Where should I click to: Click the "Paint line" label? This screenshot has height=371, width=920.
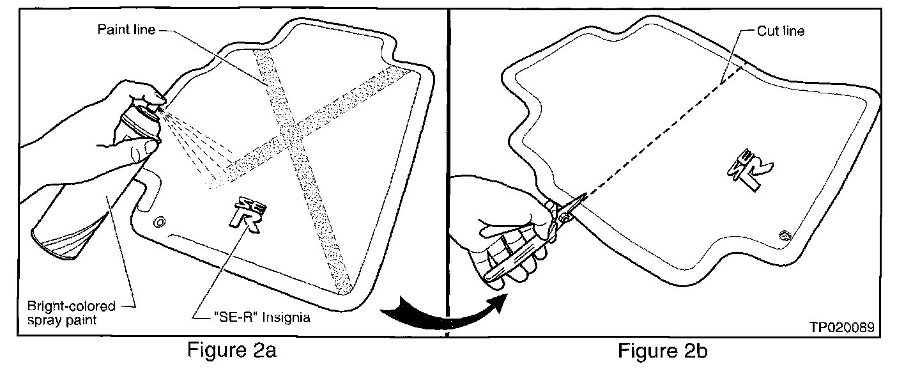tap(125, 30)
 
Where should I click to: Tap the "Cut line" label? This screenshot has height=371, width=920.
tap(781, 30)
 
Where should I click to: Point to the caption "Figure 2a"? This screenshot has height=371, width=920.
tap(232, 351)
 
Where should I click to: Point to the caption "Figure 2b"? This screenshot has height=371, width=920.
tap(663, 351)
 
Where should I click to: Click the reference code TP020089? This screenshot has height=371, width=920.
tap(841, 327)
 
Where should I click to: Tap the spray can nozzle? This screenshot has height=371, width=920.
tap(155, 110)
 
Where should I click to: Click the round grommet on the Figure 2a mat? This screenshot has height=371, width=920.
tap(159, 222)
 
